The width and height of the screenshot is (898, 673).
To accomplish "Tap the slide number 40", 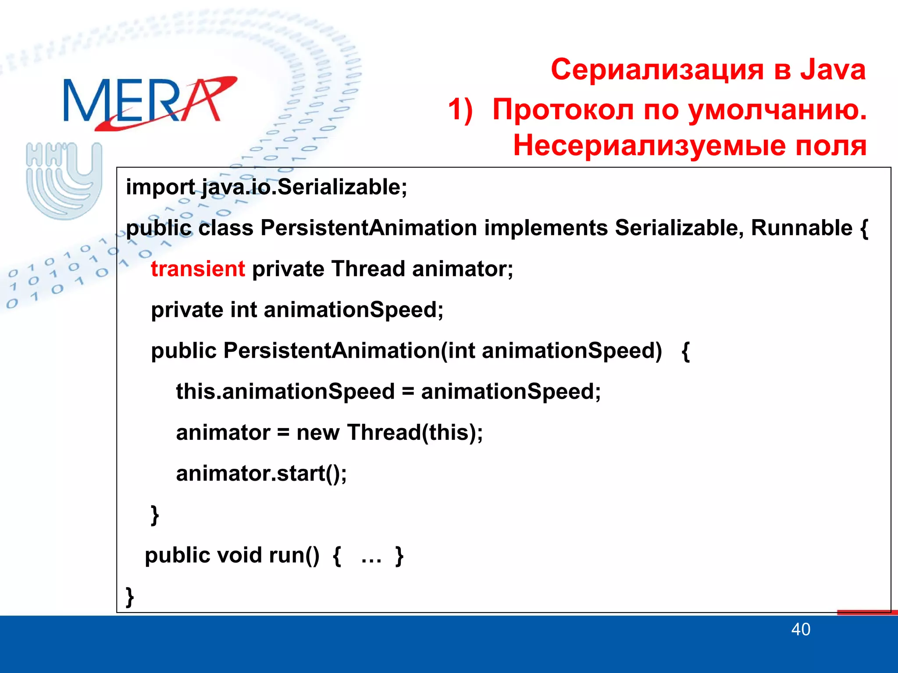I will tap(800, 630).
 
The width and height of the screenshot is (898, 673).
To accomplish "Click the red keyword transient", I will tap(198, 269).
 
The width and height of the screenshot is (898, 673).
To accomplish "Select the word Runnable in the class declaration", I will tap(802, 228).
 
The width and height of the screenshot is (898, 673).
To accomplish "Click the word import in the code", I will tap(160, 187).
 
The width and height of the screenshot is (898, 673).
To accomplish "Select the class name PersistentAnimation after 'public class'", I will tap(368, 228).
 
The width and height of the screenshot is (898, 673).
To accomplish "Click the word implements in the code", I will tap(545, 228).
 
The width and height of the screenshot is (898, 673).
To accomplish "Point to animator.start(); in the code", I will tap(261, 473).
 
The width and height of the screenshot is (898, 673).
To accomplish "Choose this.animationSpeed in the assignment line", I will tap(285, 391).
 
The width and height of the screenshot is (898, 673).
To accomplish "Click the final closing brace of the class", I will tap(130, 596).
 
